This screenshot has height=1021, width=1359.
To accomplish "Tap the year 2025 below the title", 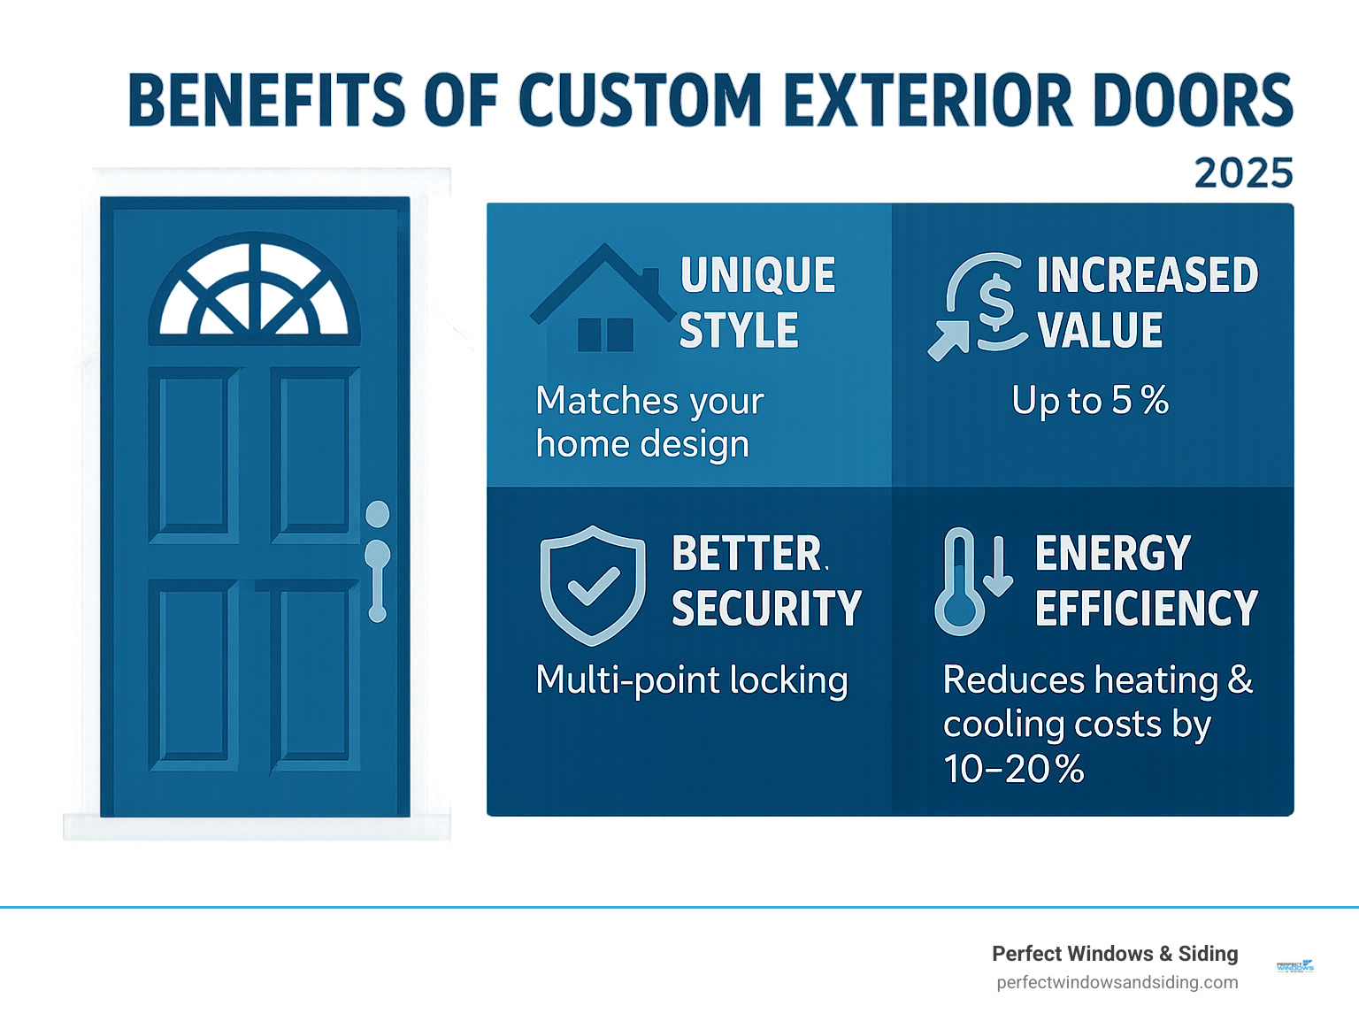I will (1243, 173).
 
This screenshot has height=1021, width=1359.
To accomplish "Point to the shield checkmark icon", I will (592, 585).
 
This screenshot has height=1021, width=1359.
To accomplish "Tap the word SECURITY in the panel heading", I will (766, 609).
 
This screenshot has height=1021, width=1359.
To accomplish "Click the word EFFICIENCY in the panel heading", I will (1146, 609).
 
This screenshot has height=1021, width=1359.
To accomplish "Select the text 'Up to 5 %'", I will (1090, 401).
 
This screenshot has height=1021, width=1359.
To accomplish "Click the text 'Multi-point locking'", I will (692, 680).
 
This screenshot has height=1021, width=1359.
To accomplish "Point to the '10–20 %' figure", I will (1013, 769).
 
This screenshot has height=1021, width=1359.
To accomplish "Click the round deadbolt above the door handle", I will (378, 514).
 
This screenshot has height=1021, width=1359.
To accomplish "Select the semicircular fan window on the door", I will (255, 292).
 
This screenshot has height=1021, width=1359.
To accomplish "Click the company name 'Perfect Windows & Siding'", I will (1115, 954).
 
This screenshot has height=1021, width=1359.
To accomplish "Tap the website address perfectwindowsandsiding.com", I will (1117, 982).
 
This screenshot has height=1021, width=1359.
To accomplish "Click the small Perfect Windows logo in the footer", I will (1295, 966).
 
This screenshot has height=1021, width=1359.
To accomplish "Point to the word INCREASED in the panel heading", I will (1147, 275).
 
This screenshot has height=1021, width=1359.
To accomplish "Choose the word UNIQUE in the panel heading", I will (757, 275).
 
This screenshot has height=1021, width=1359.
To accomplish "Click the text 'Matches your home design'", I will (649, 423).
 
